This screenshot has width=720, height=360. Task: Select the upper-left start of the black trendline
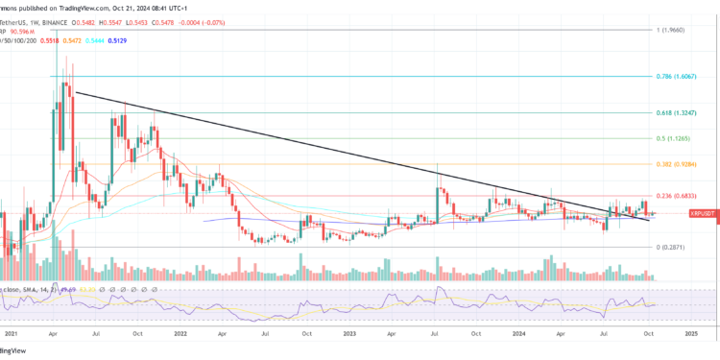77,92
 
